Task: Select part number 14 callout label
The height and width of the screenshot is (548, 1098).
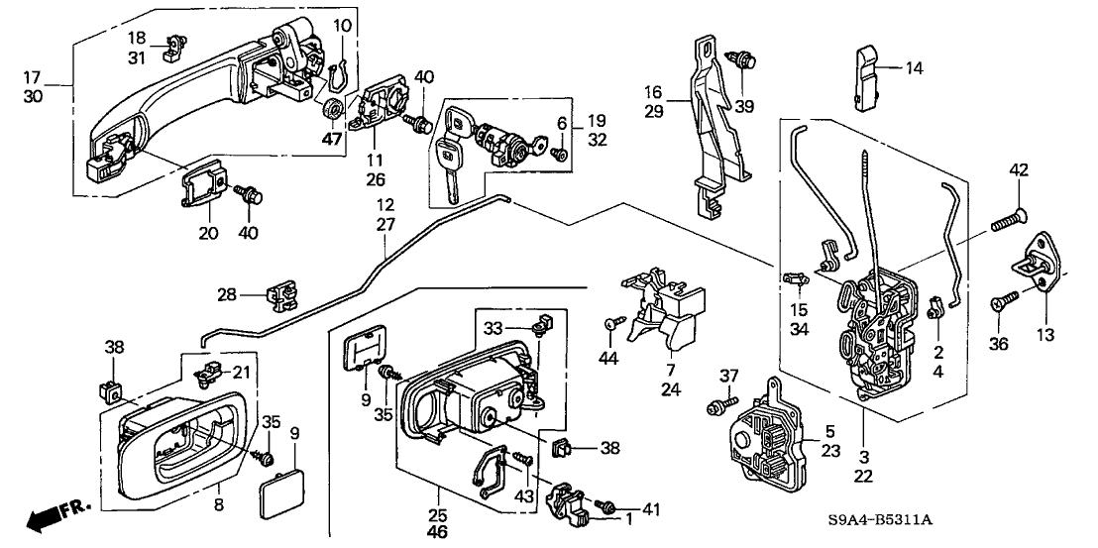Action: tap(914, 68)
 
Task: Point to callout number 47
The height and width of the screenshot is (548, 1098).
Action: tap(332, 141)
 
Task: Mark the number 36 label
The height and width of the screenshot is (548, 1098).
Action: tap(1000, 343)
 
